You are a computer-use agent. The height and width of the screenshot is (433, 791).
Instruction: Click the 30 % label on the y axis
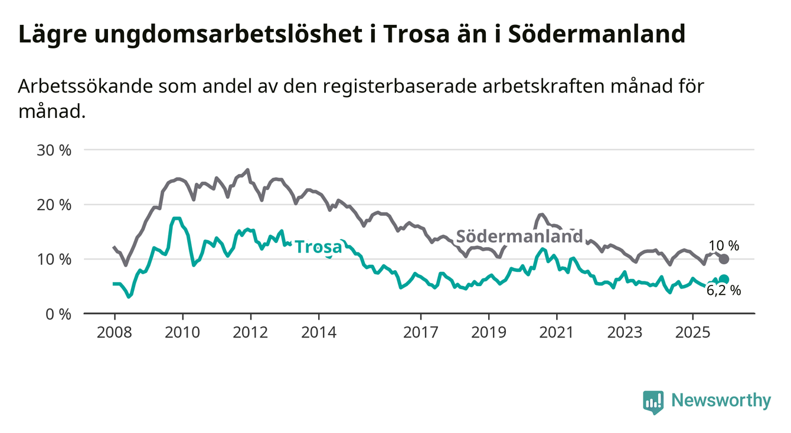coord(54,150)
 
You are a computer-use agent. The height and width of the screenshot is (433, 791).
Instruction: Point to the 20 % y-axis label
coord(54,205)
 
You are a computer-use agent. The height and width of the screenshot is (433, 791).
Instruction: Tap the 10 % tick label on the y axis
coord(54,259)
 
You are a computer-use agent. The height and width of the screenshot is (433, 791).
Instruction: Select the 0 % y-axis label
coord(58,314)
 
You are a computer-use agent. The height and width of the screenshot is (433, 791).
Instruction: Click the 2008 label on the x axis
coord(114,332)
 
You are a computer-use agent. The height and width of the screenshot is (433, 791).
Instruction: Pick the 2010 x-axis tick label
coord(182,332)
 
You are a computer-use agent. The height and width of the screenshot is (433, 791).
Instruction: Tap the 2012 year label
coord(250,332)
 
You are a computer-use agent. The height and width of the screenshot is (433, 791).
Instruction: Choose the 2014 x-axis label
coord(319,332)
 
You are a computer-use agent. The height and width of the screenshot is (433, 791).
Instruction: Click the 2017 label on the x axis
coord(421,332)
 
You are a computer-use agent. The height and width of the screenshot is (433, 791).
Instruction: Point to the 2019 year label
coord(489,332)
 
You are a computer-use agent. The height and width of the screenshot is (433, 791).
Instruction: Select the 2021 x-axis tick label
coord(557,332)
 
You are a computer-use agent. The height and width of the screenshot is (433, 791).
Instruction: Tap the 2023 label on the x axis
coord(625,332)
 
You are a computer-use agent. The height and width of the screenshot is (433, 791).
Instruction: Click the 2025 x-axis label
coord(693,332)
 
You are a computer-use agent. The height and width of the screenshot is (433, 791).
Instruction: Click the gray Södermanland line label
coord(520,237)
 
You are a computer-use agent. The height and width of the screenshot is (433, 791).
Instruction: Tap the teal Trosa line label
coord(318,247)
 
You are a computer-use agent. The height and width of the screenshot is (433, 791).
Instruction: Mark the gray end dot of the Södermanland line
coord(724,259)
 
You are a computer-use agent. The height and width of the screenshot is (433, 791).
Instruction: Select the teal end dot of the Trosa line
coord(724,280)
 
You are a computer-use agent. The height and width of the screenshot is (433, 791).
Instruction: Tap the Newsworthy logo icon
coord(653,402)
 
